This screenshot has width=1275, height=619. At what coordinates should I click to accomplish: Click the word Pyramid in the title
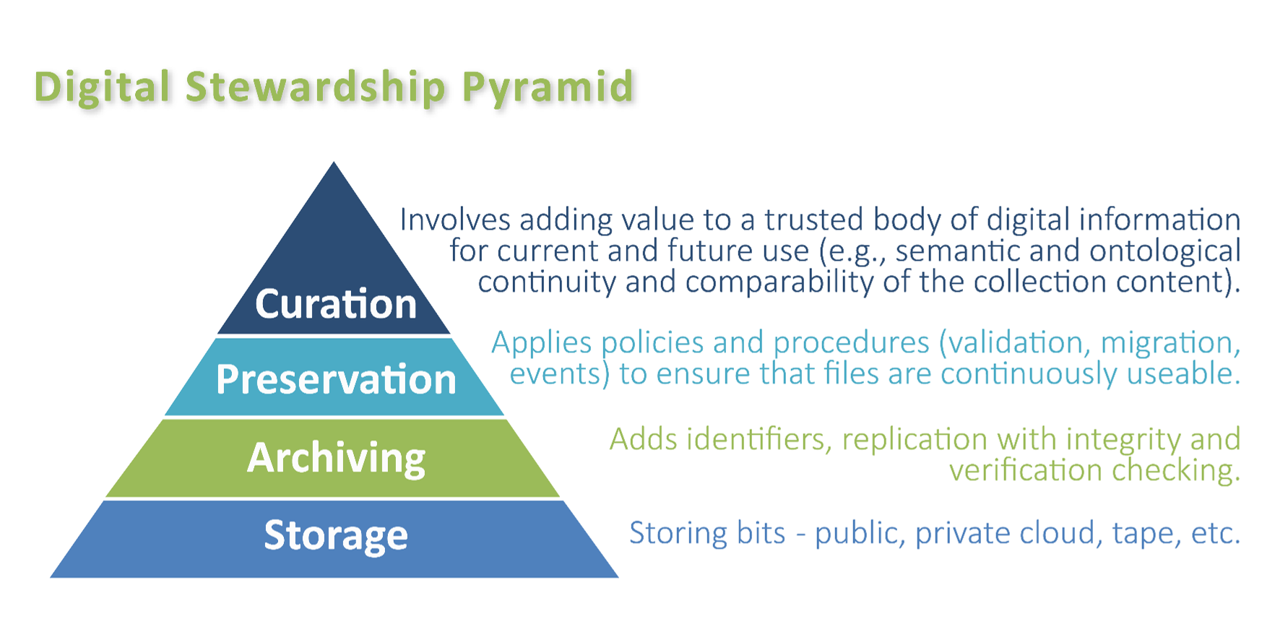coord(547,87)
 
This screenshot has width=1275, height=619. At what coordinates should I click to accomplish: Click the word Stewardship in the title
coord(315,87)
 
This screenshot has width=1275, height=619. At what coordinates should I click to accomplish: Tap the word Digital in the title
coord(102,87)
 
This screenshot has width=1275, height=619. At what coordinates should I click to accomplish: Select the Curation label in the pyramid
coord(336,303)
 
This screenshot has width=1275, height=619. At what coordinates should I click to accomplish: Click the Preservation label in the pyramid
coord(336,379)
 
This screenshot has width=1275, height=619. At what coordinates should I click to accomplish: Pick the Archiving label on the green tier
coord(336,457)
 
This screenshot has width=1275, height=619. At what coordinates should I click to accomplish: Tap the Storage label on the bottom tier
coord(336,535)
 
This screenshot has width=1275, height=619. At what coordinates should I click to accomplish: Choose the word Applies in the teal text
coord(541,342)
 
